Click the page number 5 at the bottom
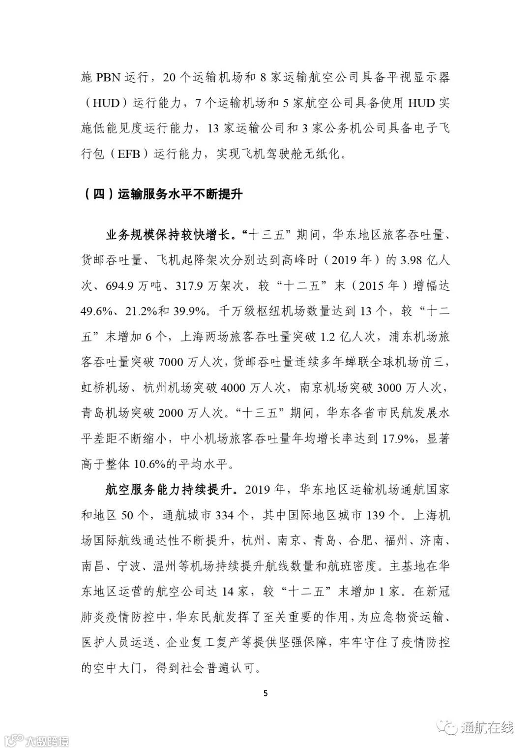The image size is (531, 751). pos(266,694)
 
